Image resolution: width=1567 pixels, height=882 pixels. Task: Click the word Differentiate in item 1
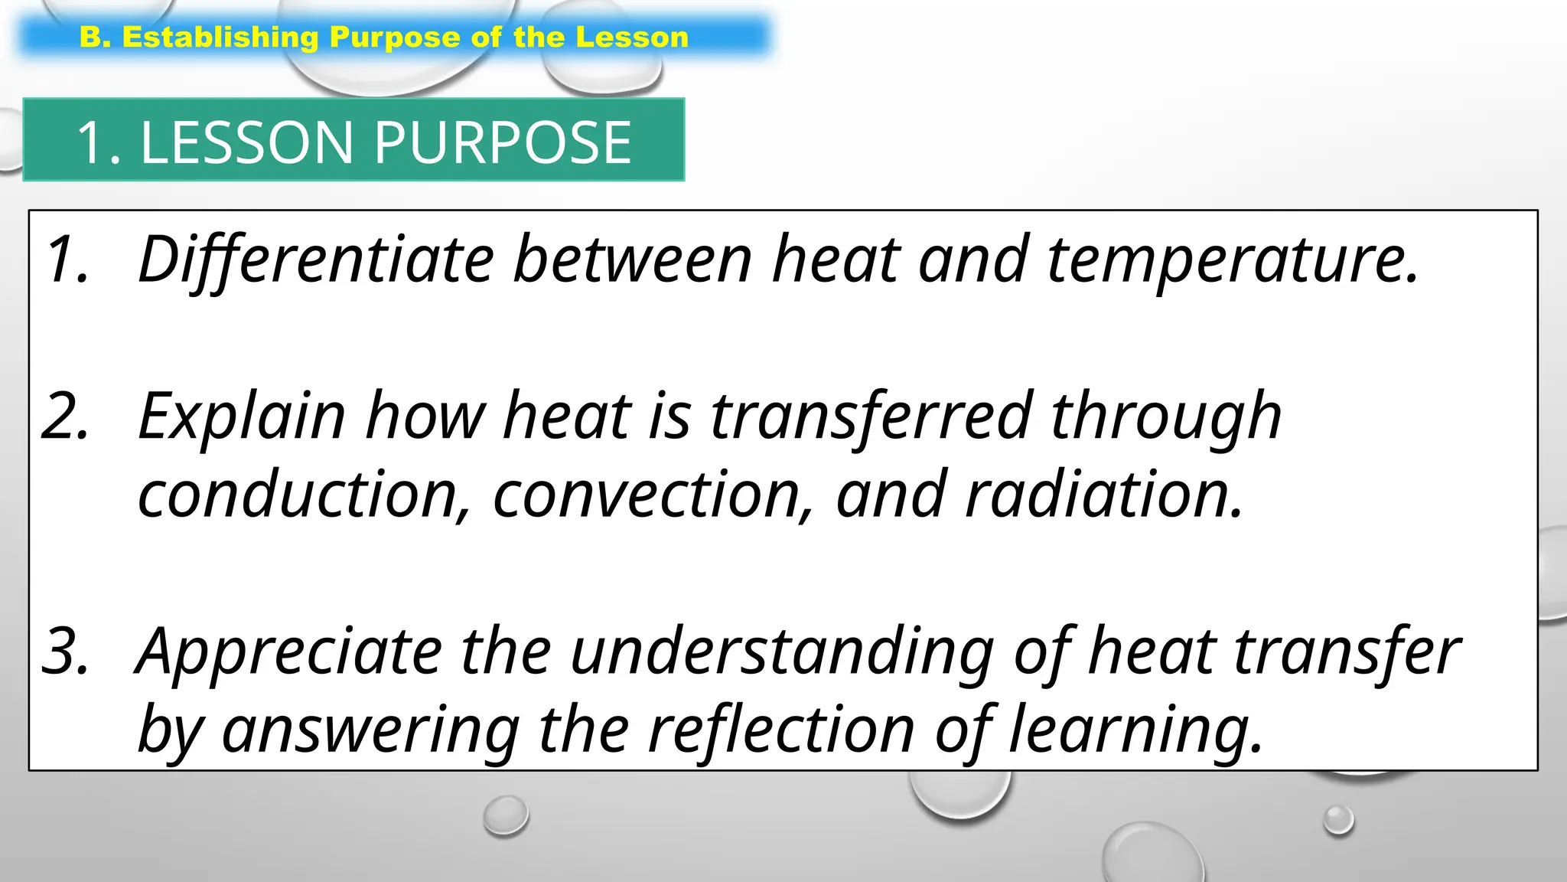316,260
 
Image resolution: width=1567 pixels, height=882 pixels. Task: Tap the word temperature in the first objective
1233,260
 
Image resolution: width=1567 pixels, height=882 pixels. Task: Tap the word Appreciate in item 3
289,652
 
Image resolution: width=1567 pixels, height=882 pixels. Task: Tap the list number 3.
66,652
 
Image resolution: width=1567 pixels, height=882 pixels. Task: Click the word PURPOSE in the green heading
502,142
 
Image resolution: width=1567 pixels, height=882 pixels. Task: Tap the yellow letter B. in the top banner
95,38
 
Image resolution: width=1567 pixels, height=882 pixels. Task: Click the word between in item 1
632,260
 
